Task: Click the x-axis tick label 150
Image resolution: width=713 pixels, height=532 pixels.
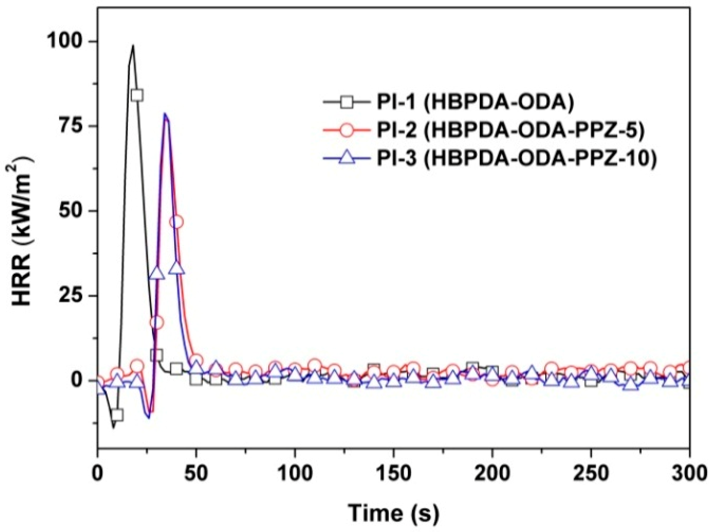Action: tap(394, 474)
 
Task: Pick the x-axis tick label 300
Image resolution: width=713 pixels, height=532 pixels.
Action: tap(689, 474)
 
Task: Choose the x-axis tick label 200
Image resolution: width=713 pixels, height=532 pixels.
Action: tap(492, 474)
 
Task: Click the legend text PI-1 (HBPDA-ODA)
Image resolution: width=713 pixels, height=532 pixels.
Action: tap(475, 102)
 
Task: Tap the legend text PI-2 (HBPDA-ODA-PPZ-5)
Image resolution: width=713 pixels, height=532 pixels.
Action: tap(510, 130)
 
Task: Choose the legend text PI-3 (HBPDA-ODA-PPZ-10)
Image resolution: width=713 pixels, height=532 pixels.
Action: tap(517, 159)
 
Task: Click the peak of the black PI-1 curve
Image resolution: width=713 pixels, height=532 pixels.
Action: tap(133, 46)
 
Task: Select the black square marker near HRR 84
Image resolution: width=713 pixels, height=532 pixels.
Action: tap(137, 95)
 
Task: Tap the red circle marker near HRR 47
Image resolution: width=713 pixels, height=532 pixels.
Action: tap(177, 222)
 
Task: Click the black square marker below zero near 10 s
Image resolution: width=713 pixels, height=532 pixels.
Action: tap(117, 415)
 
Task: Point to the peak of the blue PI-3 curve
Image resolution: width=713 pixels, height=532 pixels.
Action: tap(165, 114)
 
